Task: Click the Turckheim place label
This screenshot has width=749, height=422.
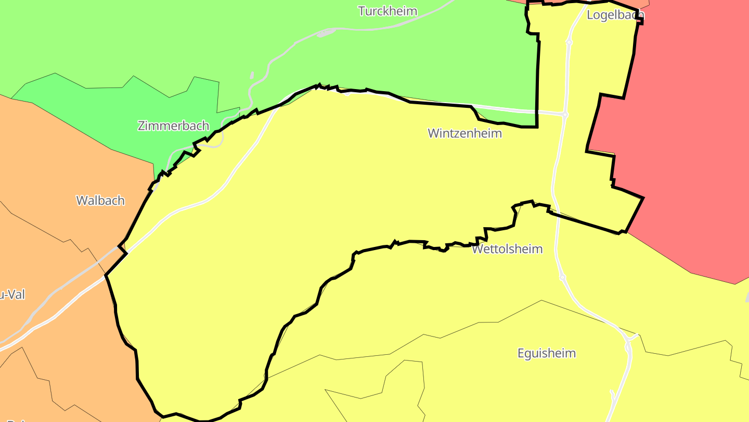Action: coord(388,11)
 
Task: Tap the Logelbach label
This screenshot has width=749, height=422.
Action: coord(615,15)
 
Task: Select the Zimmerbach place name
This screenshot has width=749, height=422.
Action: coord(173,126)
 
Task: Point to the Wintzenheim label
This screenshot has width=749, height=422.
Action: coord(464,133)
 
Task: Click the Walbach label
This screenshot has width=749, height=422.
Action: coord(100,201)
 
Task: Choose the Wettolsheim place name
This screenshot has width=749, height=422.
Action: coord(507,249)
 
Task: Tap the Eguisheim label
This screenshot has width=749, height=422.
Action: coord(546,353)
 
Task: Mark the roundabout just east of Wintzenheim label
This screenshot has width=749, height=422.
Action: coord(565,114)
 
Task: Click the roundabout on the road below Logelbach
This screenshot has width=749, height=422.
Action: coord(569,42)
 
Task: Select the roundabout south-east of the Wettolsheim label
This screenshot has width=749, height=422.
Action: coord(562,277)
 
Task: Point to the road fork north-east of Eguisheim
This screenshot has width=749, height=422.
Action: coord(630,339)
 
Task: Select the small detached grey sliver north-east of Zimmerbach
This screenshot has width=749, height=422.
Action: coord(252,76)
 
